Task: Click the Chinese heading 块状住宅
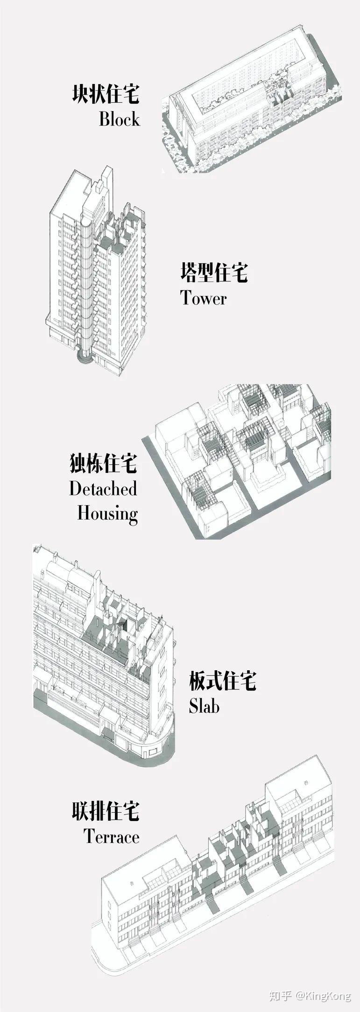point(106,94)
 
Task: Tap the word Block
point(119,119)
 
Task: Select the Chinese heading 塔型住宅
point(214,273)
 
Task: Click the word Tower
point(204,298)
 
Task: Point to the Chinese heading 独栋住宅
point(103,464)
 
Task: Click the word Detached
point(103,489)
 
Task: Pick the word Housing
point(107,513)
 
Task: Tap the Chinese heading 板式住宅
point(223,681)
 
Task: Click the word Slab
point(204,706)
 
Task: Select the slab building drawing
point(103,649)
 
